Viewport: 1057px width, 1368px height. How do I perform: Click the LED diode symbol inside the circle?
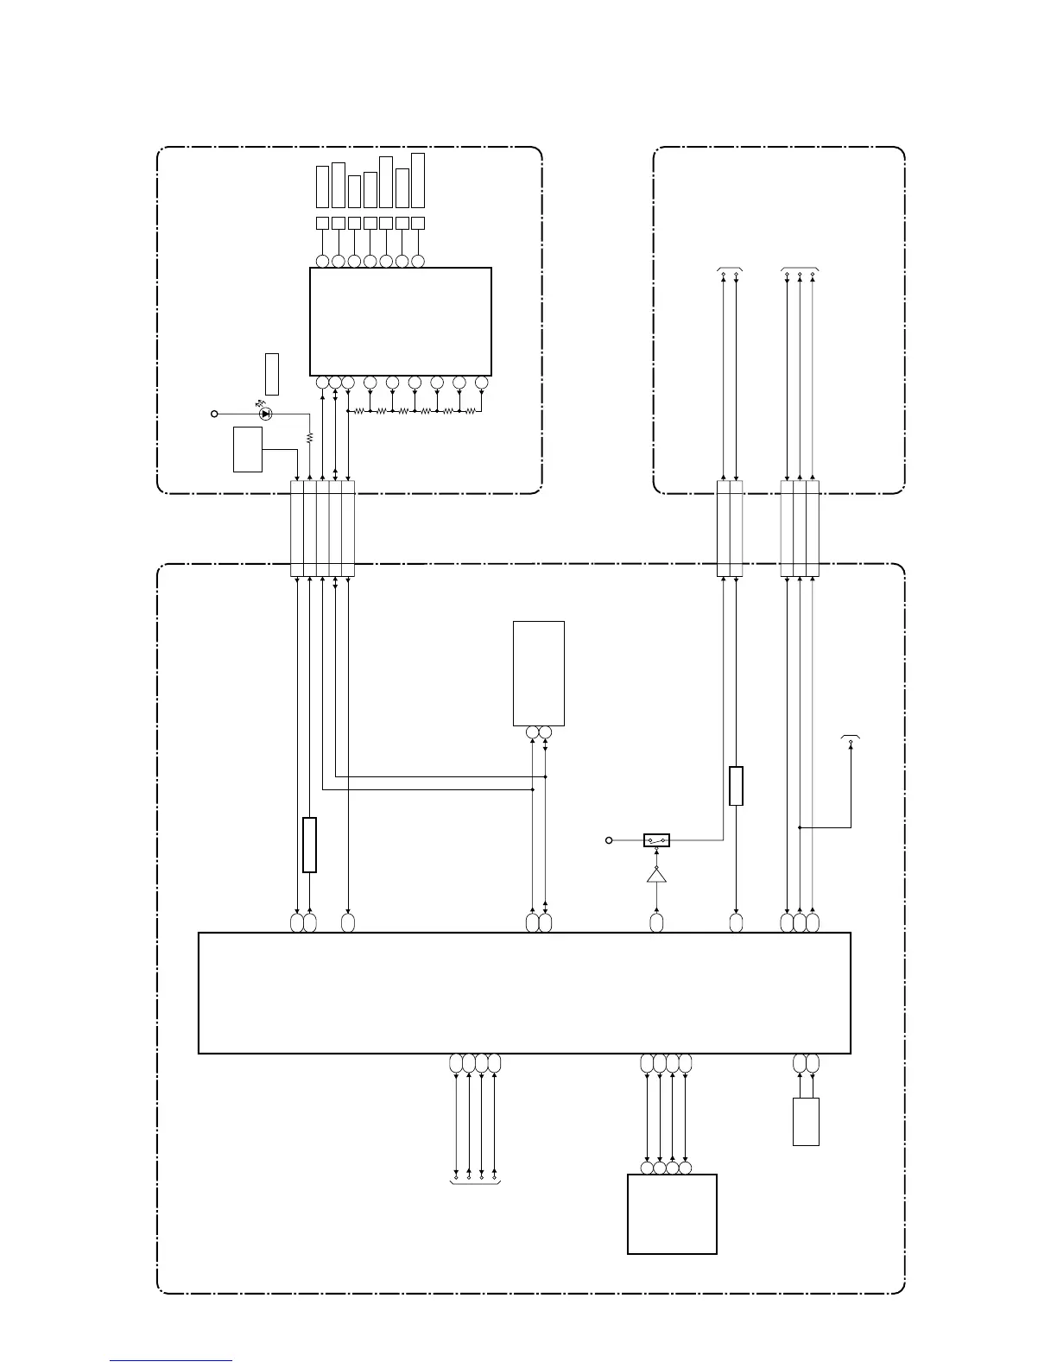[266, 414]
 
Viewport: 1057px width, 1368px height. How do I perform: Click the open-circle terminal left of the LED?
[214, 414]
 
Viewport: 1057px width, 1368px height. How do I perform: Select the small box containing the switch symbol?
[656, 839]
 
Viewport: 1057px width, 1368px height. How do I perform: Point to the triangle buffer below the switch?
[656, 877]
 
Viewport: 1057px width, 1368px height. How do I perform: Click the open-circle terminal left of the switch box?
[609, 839]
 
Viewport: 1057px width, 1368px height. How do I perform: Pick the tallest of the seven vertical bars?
[418, 180]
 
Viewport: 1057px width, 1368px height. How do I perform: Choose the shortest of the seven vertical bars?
[354, 191]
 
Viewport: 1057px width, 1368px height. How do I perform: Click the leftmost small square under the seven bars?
[322, 223]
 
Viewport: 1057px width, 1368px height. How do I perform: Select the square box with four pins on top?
[672, 1213]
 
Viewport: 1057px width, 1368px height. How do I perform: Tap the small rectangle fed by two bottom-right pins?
[806, 1122]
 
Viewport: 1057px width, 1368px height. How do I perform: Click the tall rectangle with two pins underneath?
[539, 673]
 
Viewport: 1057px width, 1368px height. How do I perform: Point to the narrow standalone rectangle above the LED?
[272, 374]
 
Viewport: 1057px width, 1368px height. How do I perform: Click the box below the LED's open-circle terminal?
[248, 449]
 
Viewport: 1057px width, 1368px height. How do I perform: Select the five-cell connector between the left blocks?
[322, 529]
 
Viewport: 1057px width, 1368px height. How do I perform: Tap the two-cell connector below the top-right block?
[730, 529]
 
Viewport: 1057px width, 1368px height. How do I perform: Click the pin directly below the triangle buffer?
[656, 923]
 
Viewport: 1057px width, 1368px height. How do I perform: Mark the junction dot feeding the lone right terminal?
[800, 827]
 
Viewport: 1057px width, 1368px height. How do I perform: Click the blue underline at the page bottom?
[171, 1360]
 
